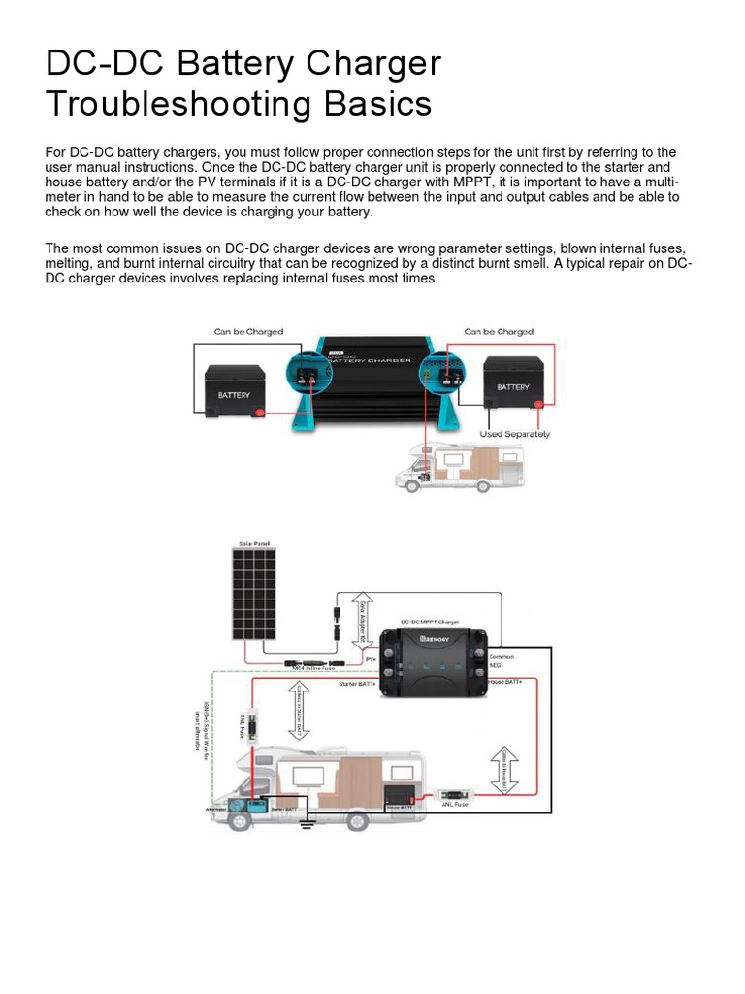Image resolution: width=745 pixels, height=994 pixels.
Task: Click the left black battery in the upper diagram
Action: click(233, 389)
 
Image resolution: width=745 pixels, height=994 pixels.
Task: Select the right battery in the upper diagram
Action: click(513, 382)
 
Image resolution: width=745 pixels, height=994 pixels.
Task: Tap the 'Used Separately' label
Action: click(514, 434)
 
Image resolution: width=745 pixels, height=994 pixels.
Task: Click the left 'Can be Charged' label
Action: click(248, 332)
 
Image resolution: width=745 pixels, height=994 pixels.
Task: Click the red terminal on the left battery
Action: click(258, 414)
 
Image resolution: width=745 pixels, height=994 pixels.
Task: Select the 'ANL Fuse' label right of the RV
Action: click(455, 804)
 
